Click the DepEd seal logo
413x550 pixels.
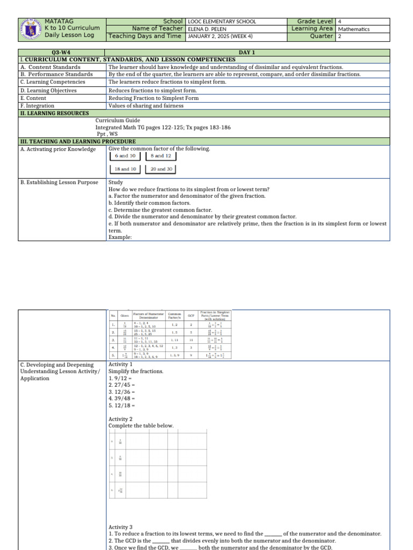coord(30,28)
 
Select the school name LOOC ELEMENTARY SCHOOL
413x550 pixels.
coord(222,21)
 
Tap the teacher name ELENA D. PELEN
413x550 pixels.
coord(210,29)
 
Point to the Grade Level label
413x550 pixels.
coord(315,21)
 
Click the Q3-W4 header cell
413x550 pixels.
coord(62,53)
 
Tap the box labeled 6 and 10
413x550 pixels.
coord(125,156)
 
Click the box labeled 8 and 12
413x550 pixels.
coord(160,156)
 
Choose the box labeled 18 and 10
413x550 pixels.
coord(125,169)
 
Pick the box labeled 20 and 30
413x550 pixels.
coord(161,169)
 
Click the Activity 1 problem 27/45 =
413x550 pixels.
coord(122,386)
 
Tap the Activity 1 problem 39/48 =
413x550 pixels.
coord(122,399)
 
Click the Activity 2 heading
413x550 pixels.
coord(120,419)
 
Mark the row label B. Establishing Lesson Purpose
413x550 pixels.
coord(59,182)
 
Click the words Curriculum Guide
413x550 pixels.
coord(118,121)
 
